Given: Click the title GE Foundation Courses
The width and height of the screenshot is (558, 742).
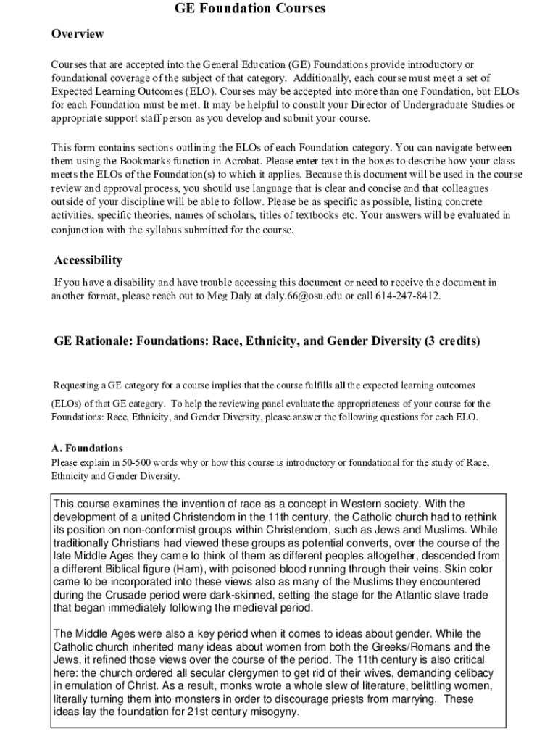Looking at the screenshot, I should click(250, 9).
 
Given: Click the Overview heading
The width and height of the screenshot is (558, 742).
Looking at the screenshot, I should click(78, 34).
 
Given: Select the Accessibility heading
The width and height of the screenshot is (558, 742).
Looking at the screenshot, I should click(88, 260).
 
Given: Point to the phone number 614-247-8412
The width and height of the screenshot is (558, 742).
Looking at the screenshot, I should click(407, 296).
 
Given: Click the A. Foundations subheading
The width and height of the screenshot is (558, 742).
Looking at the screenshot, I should click(87, 449).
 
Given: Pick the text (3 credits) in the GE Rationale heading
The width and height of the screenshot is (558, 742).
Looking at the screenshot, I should click(453, 341).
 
